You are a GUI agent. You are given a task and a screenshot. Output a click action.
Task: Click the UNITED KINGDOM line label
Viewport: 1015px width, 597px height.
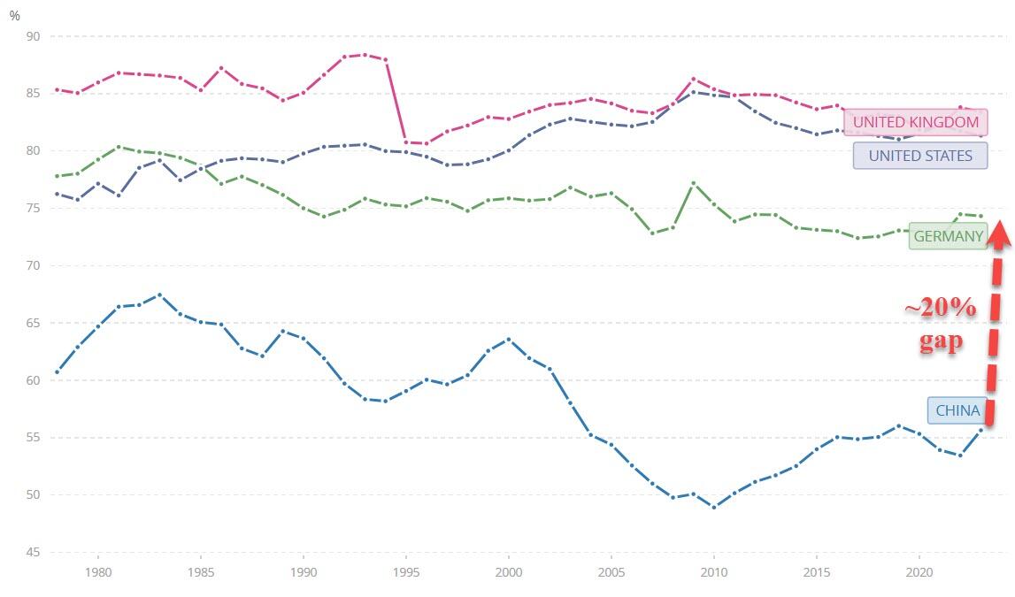(x=915, y=122)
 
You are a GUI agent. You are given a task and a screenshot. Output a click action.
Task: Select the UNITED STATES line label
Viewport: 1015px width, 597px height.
(x=920, y=157)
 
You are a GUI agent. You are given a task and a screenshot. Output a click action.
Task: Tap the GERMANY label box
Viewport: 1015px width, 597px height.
(x=948, y=236)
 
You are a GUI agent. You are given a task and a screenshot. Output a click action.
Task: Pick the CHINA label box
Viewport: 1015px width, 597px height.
(x=957, y=410)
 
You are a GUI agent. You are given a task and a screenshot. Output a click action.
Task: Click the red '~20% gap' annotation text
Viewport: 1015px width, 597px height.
(x=940, y=325)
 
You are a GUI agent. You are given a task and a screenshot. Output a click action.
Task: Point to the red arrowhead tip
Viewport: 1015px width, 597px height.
(x=999, y=220)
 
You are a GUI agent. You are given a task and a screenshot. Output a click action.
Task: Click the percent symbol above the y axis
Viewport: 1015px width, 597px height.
(x=15, y=15)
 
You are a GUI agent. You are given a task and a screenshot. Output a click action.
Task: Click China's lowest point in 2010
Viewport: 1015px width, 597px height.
(x=714, y=507)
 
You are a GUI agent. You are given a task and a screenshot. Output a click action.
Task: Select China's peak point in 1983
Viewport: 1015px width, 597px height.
(x=159, y=295)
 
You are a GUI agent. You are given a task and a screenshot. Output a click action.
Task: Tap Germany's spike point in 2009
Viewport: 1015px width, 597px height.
(x=694, y=183)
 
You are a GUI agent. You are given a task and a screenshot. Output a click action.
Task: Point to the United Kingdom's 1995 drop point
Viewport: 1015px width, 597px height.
(x=406, y=142)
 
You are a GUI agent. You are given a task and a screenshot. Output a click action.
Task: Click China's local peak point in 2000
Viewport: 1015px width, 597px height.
(x=509, y=339)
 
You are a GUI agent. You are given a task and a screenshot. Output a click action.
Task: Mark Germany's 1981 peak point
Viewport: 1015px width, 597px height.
(x=119, y=147)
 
